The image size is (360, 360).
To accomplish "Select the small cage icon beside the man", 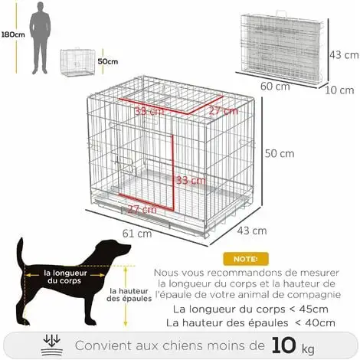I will (77, 62).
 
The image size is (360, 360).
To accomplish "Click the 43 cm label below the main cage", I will (253, 230).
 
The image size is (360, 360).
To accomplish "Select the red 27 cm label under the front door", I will (137, 209).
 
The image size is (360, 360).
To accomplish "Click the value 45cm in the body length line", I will (313, 309).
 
